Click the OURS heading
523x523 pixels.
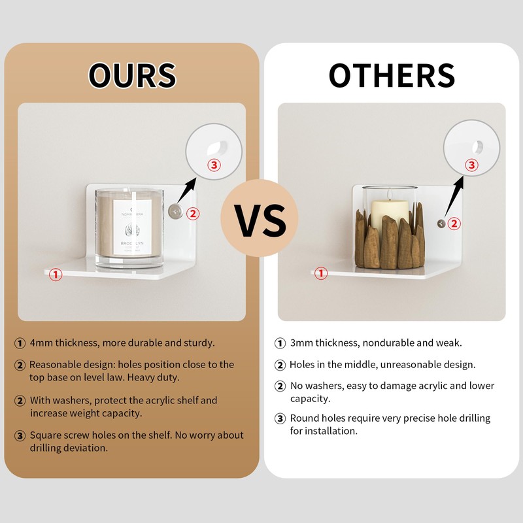[132, 75]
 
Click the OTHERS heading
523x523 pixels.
[392, 75]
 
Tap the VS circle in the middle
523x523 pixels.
[259, 218]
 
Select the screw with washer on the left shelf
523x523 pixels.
[175, 211]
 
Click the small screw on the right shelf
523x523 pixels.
[441, 224]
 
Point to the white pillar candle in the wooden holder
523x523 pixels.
[390, 214]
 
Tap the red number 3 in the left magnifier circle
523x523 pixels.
[214, 165]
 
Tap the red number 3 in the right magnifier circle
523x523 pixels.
[471, 165]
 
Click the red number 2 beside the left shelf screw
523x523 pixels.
[193, 214]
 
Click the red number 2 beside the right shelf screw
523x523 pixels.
[454, 223]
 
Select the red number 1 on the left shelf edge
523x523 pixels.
[56, 275]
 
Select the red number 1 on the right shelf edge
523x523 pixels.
[321, 273]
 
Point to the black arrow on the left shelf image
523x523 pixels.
[187, 190]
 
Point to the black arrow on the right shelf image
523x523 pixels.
[454, 196]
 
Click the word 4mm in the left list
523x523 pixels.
[41, 343]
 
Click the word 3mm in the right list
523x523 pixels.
[301, 343]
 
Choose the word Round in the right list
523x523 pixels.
[303, 418]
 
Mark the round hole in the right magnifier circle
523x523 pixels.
[478, 147]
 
